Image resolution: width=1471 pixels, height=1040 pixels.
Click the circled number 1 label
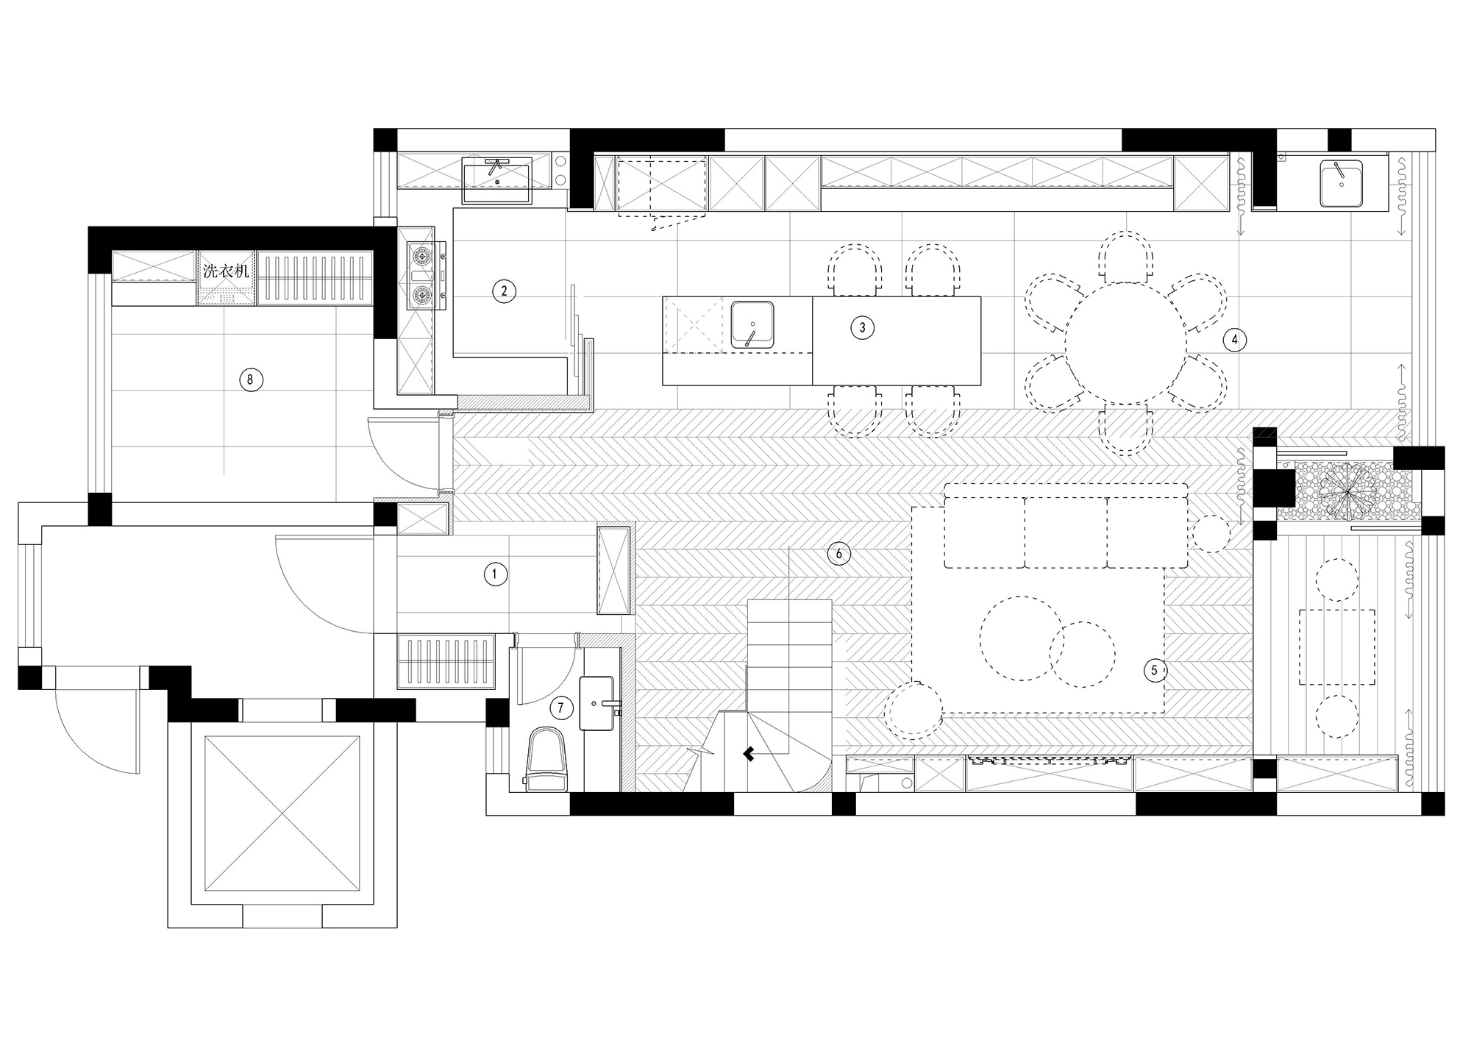[495, 574]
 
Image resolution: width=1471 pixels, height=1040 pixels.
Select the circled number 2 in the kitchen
[504, 291]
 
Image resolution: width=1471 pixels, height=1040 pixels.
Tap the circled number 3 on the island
[862, 327]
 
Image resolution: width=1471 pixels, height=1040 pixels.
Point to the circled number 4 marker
[1234, 340]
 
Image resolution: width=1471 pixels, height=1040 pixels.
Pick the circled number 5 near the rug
[1154, 670]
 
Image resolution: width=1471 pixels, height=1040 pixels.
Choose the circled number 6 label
[838, 553]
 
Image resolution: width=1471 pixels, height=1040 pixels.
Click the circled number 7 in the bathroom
[560, 708]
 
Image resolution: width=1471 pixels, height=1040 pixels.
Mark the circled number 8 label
[250, 380]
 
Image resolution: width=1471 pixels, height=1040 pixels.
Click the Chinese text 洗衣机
[226, 271]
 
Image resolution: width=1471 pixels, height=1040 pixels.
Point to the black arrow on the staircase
[749, 753]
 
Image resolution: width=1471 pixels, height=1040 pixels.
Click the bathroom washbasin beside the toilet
[597, 703]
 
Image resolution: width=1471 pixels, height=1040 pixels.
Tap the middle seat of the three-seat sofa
[1065, 532]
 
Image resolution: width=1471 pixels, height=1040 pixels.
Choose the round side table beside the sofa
[1210, 534]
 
